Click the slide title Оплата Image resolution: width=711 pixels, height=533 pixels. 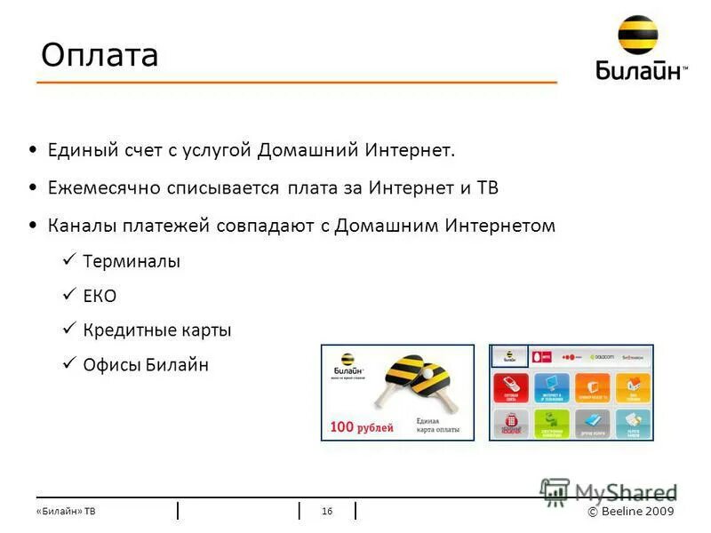coord(100,55)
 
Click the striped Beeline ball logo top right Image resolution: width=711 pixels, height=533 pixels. coord(639,36)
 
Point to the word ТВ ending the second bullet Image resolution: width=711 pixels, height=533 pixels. coord(488,188)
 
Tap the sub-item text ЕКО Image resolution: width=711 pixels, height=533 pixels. coord(100,296)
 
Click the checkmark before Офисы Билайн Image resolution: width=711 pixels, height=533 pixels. coord(70,364)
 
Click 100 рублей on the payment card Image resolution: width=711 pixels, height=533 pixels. coord(362,427)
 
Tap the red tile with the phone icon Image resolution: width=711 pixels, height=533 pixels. coord(511,387)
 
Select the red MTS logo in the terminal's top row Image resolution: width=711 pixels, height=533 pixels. coord(541,357)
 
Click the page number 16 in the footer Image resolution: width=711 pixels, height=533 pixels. coord(327,511)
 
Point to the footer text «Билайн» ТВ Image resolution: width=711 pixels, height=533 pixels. coord(67,512)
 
